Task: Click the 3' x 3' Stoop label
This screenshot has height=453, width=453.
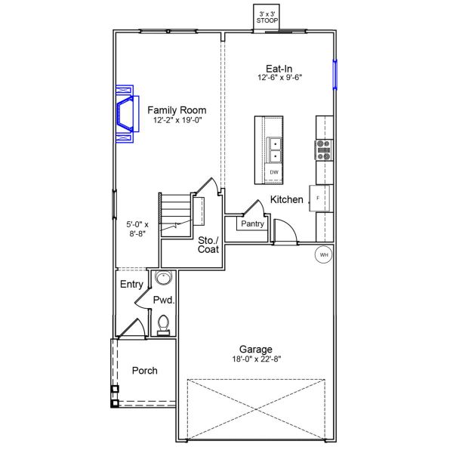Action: [268, 17]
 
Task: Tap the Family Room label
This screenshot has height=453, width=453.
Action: [177, 110]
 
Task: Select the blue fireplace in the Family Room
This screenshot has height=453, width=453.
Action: [125, 113]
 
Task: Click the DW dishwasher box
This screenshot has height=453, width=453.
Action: [274, 173]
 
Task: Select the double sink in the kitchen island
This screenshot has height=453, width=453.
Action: [276, 149]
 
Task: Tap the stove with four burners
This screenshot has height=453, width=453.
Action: [323, 150]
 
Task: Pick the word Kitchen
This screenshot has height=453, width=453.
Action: [287, 200]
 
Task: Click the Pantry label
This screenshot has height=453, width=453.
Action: [251, 224]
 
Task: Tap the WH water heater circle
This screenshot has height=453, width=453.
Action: [324, 255]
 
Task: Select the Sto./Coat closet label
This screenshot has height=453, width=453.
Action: [208, 245]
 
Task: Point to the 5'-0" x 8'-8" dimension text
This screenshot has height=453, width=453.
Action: [137, 229]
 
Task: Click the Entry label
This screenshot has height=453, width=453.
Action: [131, 285]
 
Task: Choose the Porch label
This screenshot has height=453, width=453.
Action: [144, 371]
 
